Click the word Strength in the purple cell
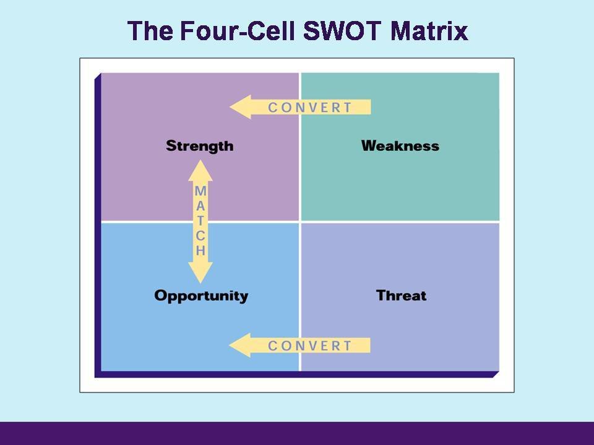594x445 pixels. (x=199, y=146)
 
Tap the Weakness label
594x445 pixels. (x=400, y=146)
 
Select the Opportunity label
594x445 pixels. (x=201, y=296)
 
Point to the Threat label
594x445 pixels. (x=401, y=295)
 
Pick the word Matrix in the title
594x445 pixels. (x=429, y=31)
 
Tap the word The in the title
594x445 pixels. (x=149, y=31)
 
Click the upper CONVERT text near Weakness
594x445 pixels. (x=310, y=108)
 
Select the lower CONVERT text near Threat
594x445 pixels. (x=310, y=345)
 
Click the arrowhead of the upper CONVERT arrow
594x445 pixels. (x=239, y=107)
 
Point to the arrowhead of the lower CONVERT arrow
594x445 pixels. (x=239, y=345)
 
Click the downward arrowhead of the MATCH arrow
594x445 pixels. (x=200, y=273)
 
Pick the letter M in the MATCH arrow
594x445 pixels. (x=200, y=192)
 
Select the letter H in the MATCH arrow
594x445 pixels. (x=200, y=251)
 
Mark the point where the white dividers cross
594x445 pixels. (x=300, y=221)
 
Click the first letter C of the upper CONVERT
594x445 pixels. (x=273, y=108)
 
